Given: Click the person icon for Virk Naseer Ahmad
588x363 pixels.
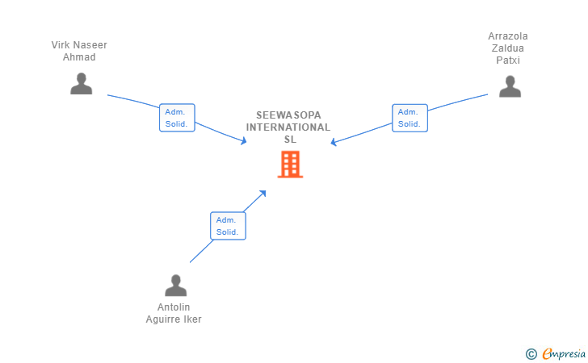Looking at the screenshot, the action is [81, 84].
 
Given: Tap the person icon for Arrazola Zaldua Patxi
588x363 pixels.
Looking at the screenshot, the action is [510, 86].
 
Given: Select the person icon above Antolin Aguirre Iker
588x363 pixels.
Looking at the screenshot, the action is [175, 286].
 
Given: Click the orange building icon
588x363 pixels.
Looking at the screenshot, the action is [290, 164].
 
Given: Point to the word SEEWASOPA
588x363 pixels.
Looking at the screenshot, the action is [288, 115].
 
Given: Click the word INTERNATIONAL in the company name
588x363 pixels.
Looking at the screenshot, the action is [288, 127].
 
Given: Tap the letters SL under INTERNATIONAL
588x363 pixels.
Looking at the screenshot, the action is [290, 140].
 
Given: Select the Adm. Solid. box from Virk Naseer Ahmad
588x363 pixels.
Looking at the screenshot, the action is [177, 118].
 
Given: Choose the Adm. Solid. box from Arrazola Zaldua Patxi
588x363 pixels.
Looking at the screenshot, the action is [409, 118].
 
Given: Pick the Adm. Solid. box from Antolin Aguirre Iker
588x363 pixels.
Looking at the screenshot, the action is [228, 226].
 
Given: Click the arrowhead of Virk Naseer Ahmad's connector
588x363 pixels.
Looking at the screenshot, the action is [244, 141].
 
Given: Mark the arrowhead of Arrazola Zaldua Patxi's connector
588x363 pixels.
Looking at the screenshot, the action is [334, 142].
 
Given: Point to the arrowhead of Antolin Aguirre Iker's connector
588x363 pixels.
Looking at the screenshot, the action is [262, 194].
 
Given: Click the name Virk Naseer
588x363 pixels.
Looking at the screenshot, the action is [79, 45].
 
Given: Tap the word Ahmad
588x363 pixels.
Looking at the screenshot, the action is [79, 57].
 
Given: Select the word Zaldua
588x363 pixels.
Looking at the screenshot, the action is [508, 48].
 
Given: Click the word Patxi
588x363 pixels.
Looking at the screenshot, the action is [508, 60].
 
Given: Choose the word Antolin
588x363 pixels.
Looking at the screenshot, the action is [174, 307].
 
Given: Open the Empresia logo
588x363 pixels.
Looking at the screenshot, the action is [564, 353].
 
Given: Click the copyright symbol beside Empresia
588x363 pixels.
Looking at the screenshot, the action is [531, 354].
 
